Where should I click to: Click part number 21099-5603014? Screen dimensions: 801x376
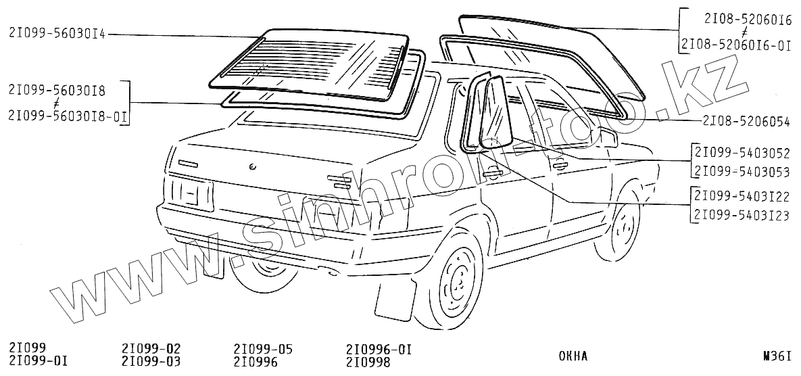[58, 34]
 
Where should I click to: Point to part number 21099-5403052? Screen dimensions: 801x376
[742, 153]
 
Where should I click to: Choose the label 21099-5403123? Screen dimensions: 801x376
[742, 214]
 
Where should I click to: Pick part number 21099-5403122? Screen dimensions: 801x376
[742, 197]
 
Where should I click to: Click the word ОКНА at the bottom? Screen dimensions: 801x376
[573, 356]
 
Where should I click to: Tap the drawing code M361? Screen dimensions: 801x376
[776, 356]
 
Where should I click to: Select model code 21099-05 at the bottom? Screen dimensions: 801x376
[263, 349]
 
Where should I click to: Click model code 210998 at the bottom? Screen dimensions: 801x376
[369, 362]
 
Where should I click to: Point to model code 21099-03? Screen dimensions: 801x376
[151, 362]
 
